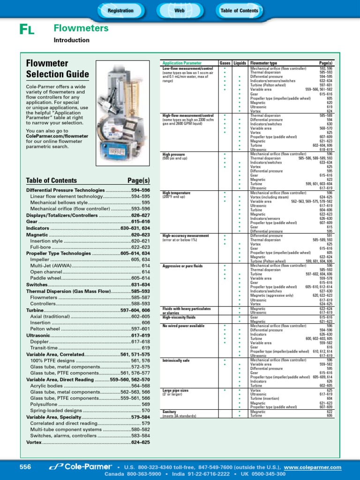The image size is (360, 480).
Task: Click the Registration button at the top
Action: coord(120,10)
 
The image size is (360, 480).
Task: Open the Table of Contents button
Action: coord(239,10)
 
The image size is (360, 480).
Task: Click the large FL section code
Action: coord(27,30)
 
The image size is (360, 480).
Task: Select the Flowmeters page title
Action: coord(81,29)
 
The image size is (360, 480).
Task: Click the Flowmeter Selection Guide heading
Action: coord(57,68)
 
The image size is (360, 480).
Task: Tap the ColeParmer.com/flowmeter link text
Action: coord(57,136)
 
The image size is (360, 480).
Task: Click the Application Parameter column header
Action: coord(182,63)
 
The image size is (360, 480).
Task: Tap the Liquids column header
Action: coord(240,63)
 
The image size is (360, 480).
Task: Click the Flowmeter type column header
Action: coord(263,63)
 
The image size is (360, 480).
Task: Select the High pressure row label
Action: coord(173,154)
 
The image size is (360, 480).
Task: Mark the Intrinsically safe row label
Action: coord(176,361)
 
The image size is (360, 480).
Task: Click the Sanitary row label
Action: coord(169,412)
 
